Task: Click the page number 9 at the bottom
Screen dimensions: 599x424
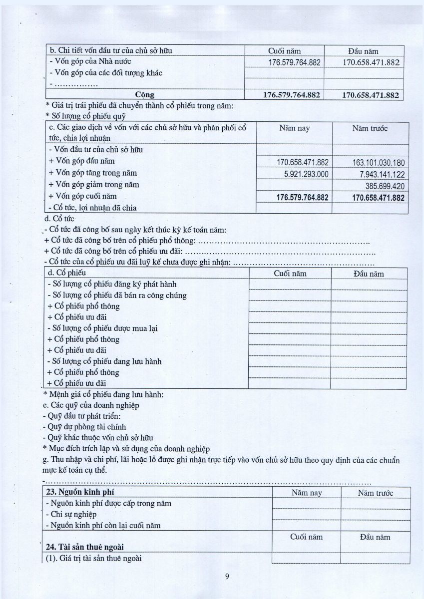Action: tap(227, 577)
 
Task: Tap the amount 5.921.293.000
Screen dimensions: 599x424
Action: tap(303, 174)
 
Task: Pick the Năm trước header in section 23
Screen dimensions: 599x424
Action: tap(375, 493)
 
